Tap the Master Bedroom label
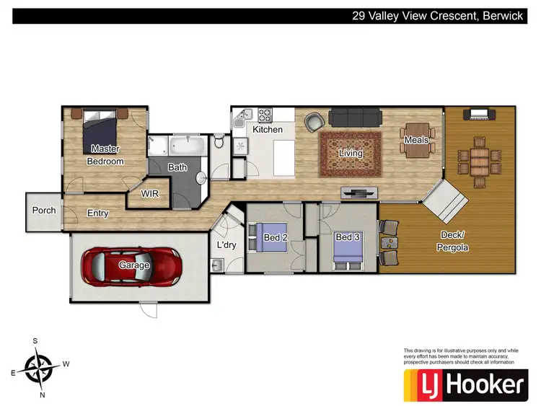click(105, 155)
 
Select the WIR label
click(150, 194)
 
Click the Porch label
click(44, 211)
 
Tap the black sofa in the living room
click(355, 118)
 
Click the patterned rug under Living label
click(351, 152)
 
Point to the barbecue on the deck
click(480, 114)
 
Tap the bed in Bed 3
click(350, 246)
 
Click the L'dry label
click(226, 245)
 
